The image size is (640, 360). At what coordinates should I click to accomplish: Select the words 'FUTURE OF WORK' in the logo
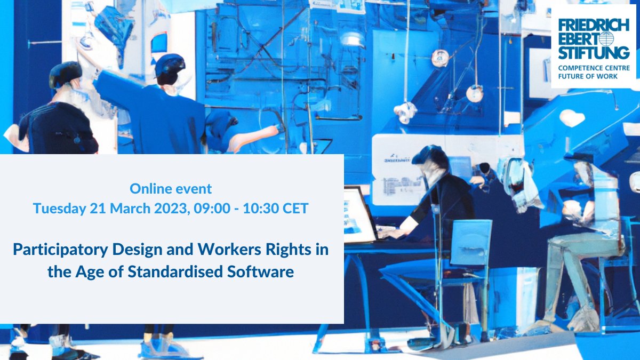[x=588, y=76]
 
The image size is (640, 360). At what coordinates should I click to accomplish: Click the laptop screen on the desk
[x=358, y=213]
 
